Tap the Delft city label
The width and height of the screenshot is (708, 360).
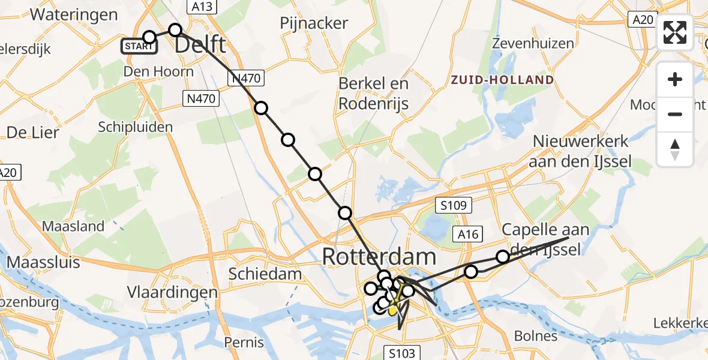coord(200,45)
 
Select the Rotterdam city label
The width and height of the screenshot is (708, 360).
coord(379,257)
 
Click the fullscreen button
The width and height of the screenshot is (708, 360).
coord(675,32)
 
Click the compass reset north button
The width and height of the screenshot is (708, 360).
coord(675,149)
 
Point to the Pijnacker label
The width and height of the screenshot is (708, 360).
coord(314,23)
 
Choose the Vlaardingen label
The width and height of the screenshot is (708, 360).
coord(172,293)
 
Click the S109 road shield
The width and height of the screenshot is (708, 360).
coord(454,205)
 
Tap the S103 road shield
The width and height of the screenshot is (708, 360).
coord(401,353)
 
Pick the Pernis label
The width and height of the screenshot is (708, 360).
coord(244,343)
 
